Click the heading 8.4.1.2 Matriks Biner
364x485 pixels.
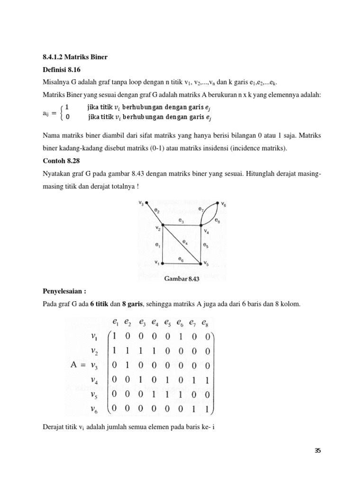tap(75, 57)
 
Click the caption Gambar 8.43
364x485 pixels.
tap(182, 278)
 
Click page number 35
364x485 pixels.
tap(318, 450)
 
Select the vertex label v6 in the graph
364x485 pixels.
tap(223, 206)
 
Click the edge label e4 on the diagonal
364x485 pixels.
tap(185, 242)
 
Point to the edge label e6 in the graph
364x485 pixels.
tap(181, 259)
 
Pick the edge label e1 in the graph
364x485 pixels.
tap(158, 245)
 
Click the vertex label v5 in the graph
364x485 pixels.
tap(206, 264)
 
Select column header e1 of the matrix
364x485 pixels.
tap(115, 323)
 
